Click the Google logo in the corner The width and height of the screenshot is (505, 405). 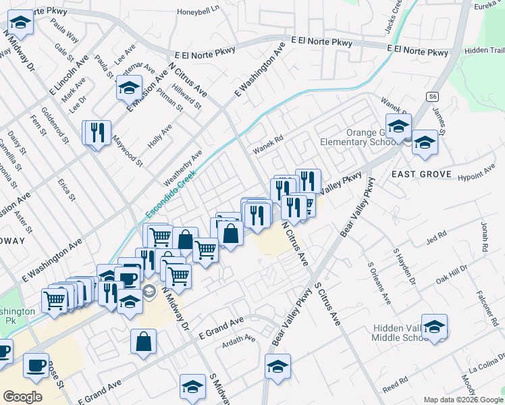click(22, 397)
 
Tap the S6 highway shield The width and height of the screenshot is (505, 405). click(433, 97)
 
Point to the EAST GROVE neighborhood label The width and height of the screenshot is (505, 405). click(421, 174)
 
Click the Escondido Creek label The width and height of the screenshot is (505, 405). click(170, 194)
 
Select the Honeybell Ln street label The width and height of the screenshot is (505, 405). click(198, 11)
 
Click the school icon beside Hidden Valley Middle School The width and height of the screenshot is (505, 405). click(435, 327)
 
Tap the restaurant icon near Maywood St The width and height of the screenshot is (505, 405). click(97, 132)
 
